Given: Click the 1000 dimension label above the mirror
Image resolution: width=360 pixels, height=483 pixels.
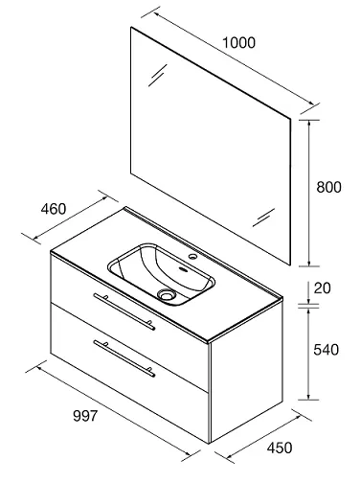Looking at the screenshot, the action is pyautogui.click(x=238, y=43).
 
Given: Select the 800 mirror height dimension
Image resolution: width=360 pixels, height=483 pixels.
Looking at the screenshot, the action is pyautogui.click(x=328, y=187).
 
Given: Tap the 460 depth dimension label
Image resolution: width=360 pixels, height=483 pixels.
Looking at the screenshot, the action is pyautogui.click(x=54, y=209).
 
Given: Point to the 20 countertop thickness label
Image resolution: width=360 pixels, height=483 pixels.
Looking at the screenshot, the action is pyautogui.click(x=323, y=288).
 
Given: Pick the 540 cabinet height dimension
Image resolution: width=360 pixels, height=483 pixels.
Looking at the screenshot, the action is pyautogui.click(x=326, y=350).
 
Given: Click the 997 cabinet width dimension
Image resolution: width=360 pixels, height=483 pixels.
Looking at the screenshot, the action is pyautogui.click(x=85, y=416).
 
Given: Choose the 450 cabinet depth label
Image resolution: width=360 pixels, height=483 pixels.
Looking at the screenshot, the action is pyautogui.click(x=280, y=448).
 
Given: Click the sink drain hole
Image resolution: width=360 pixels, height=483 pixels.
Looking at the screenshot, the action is pyautogui.click(x=167, y=294).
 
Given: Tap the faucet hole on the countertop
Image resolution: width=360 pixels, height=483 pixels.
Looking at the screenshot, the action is pyautogui.click(x=192, y=256).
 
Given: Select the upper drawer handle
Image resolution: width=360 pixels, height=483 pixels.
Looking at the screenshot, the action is pyautogui.click(x=124, y=311).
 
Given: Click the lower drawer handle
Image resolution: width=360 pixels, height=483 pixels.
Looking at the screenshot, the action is pyautogui.click(x=124, y=358).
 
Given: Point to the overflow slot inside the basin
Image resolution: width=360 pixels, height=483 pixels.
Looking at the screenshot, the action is pyautogui.click(x=183, y=268).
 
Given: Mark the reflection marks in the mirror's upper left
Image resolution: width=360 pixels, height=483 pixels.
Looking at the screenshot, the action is pyautogui.click(x=158, y=75).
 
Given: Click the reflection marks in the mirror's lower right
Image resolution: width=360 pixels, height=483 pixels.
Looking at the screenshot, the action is pyautogui.click(x=263, y=218).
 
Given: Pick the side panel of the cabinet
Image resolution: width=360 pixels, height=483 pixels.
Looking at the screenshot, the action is pyautogui.click(x=246, y=370).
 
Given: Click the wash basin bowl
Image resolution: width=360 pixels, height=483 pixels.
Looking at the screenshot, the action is pyautogui.click(x=161, y=274).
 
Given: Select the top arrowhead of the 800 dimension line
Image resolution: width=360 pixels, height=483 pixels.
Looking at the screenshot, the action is pyautogui.click(x=308, y=124).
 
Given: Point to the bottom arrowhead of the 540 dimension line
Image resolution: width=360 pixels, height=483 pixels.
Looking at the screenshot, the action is pyautogui.click(x=308, y=396).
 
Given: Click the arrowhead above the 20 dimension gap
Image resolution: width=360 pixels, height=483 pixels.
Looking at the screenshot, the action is pyautogui.click(x=308, y=301).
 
